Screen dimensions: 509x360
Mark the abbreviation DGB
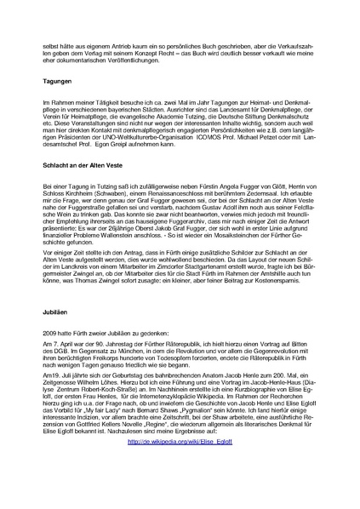(60, 330)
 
